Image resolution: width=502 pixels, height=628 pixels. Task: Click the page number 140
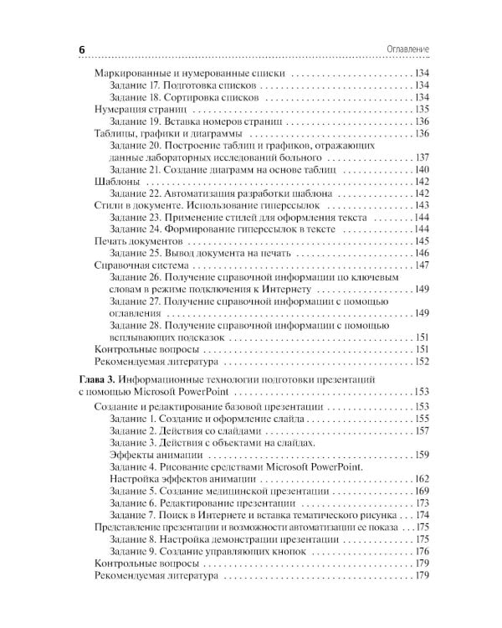pos(421,169)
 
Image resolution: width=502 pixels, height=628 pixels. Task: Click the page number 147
pos(421,265)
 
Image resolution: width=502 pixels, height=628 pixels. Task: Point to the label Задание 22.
pos(136,193)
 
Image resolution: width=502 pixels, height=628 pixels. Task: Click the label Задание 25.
pos(136,253)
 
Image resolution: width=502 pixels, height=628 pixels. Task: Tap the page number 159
pos(421,454)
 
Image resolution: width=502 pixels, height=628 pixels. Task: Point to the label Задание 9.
pos(134,551)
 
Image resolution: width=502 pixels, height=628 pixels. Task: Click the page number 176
pos(421,551)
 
